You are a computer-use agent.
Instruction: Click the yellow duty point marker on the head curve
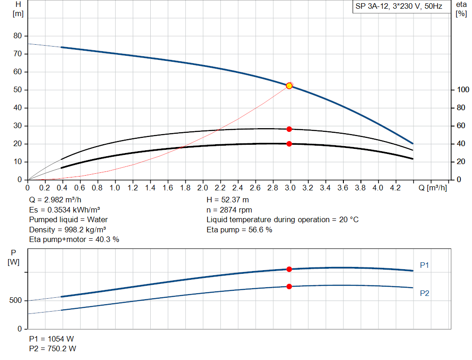tap(289, 86)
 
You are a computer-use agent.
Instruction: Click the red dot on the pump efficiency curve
tap(289, 129)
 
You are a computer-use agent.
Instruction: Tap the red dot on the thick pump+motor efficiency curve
tap(289, 144)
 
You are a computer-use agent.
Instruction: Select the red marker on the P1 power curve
tap(289, 269)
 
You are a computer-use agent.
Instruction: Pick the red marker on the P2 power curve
tap(289, 286)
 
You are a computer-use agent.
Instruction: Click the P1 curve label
tap(425, 265)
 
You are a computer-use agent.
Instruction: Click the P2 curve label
tap(425, 293)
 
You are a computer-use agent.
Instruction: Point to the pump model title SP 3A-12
tap(399, 7)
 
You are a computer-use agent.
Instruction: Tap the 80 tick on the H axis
tap(18, 36)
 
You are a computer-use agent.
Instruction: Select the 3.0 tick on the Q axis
tap(290, 188)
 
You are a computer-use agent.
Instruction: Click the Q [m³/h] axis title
tap(433, 188)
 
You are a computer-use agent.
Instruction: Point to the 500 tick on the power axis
tap(15, 301)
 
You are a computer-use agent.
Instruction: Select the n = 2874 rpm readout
tap(229, 210)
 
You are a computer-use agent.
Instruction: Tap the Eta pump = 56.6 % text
tap(239, 230)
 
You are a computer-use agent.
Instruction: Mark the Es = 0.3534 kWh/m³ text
tap(65, 210)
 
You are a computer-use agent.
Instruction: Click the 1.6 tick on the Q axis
tap(167, 188)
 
